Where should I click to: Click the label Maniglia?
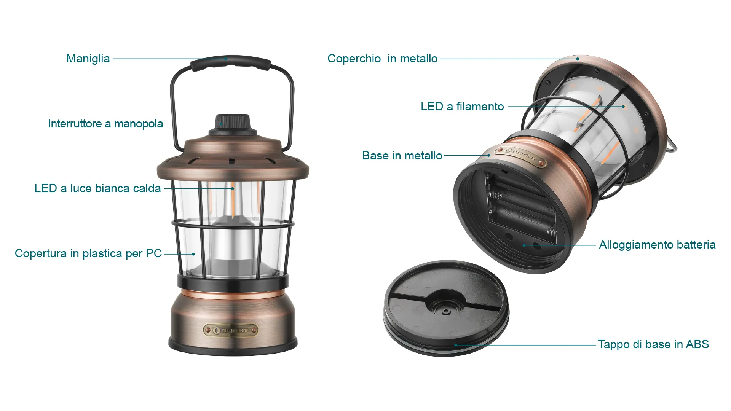88,59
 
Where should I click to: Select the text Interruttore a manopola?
105,124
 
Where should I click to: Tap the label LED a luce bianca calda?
97,188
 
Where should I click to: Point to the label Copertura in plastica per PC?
88,253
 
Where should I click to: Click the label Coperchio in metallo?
382,59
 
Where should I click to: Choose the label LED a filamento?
462,107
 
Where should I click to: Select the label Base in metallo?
402,156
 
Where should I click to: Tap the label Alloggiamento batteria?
657,245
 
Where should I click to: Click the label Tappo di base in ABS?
653,344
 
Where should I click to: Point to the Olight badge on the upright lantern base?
231,330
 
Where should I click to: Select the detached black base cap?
446,308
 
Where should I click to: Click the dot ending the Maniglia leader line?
226,59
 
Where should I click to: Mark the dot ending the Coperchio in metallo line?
578,59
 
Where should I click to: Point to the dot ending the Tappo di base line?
456,345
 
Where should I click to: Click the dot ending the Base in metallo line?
489,156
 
